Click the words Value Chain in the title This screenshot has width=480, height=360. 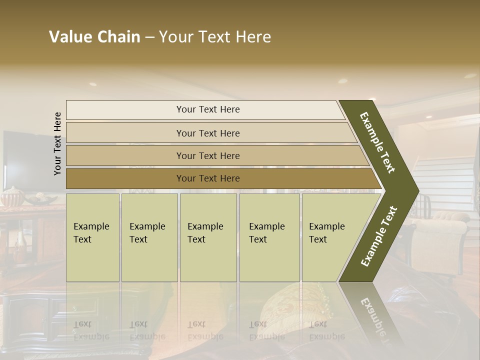point(94,37)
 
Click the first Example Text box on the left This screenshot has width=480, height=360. point(92,237)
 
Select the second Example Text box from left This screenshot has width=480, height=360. point(149,237)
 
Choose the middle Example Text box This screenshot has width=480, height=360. point(208,237)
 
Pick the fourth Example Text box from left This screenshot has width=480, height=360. point(269,237)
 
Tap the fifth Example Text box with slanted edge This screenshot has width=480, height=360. point(330,237)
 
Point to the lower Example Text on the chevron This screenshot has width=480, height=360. point(379,236)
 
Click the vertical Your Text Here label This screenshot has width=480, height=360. point(57,143)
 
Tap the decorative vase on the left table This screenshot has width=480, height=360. point(11,197)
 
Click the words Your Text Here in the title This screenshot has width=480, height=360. point(215,37)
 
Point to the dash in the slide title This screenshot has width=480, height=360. point(149,37)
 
